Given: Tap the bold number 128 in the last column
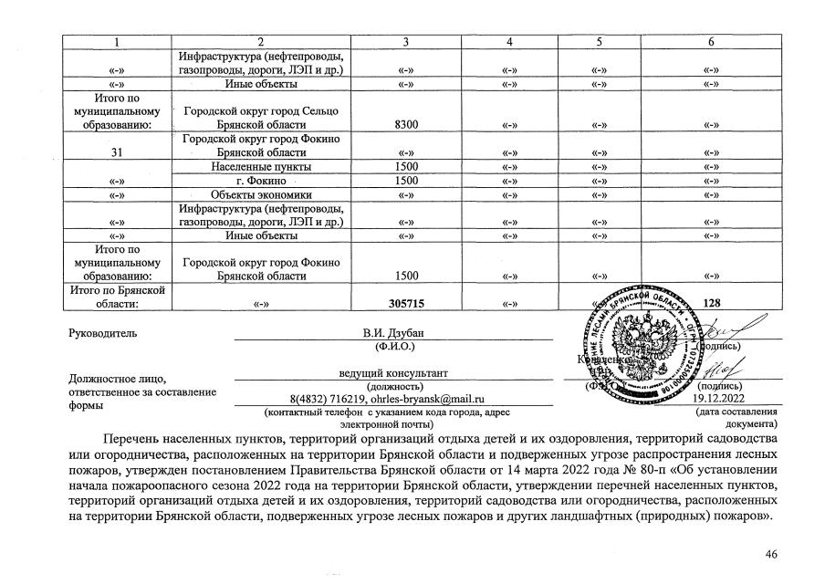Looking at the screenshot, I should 713,302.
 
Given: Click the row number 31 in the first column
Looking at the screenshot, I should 116,152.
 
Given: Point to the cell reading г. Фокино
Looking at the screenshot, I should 261,181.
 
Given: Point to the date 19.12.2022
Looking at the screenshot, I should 720,399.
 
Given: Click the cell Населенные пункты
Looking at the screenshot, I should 261,167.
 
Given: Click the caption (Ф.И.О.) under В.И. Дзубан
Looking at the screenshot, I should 394,347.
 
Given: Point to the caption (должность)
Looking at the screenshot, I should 394,387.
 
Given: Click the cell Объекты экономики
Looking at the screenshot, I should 261,194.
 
